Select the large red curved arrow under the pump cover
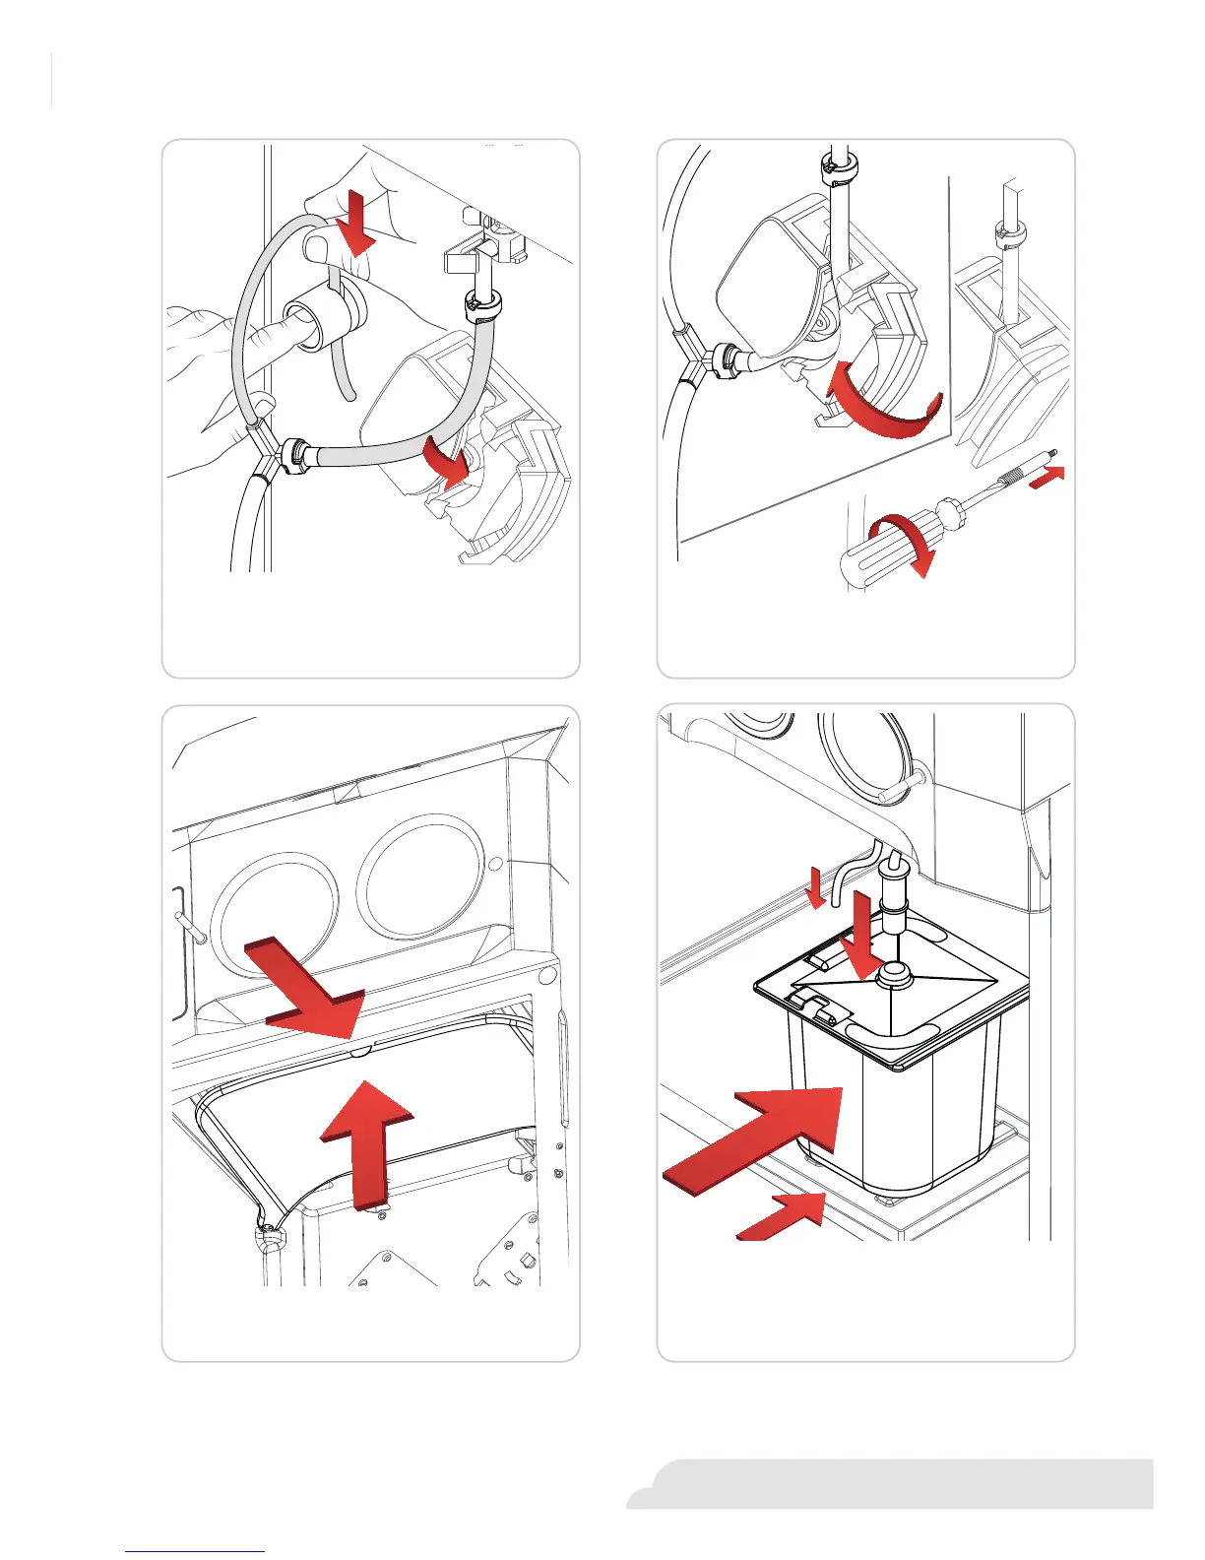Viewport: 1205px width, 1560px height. tap(881, 403)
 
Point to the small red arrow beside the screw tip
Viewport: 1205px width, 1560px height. tap(1047, 476)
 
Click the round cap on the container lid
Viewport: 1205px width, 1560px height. tap(894, 973)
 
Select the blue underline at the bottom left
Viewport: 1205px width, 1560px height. tap(195, 1551)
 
